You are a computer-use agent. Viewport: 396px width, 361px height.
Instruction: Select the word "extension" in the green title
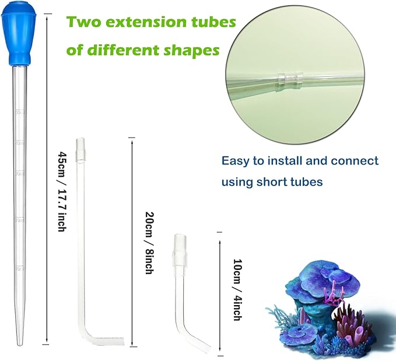(x=148, y=23)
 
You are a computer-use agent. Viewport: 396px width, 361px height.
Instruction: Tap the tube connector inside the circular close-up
(x=285, y=80)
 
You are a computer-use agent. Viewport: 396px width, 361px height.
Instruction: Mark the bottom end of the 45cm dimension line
(x=47, y=344)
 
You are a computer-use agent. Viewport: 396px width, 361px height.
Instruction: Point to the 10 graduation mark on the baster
(x=19, y=269)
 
